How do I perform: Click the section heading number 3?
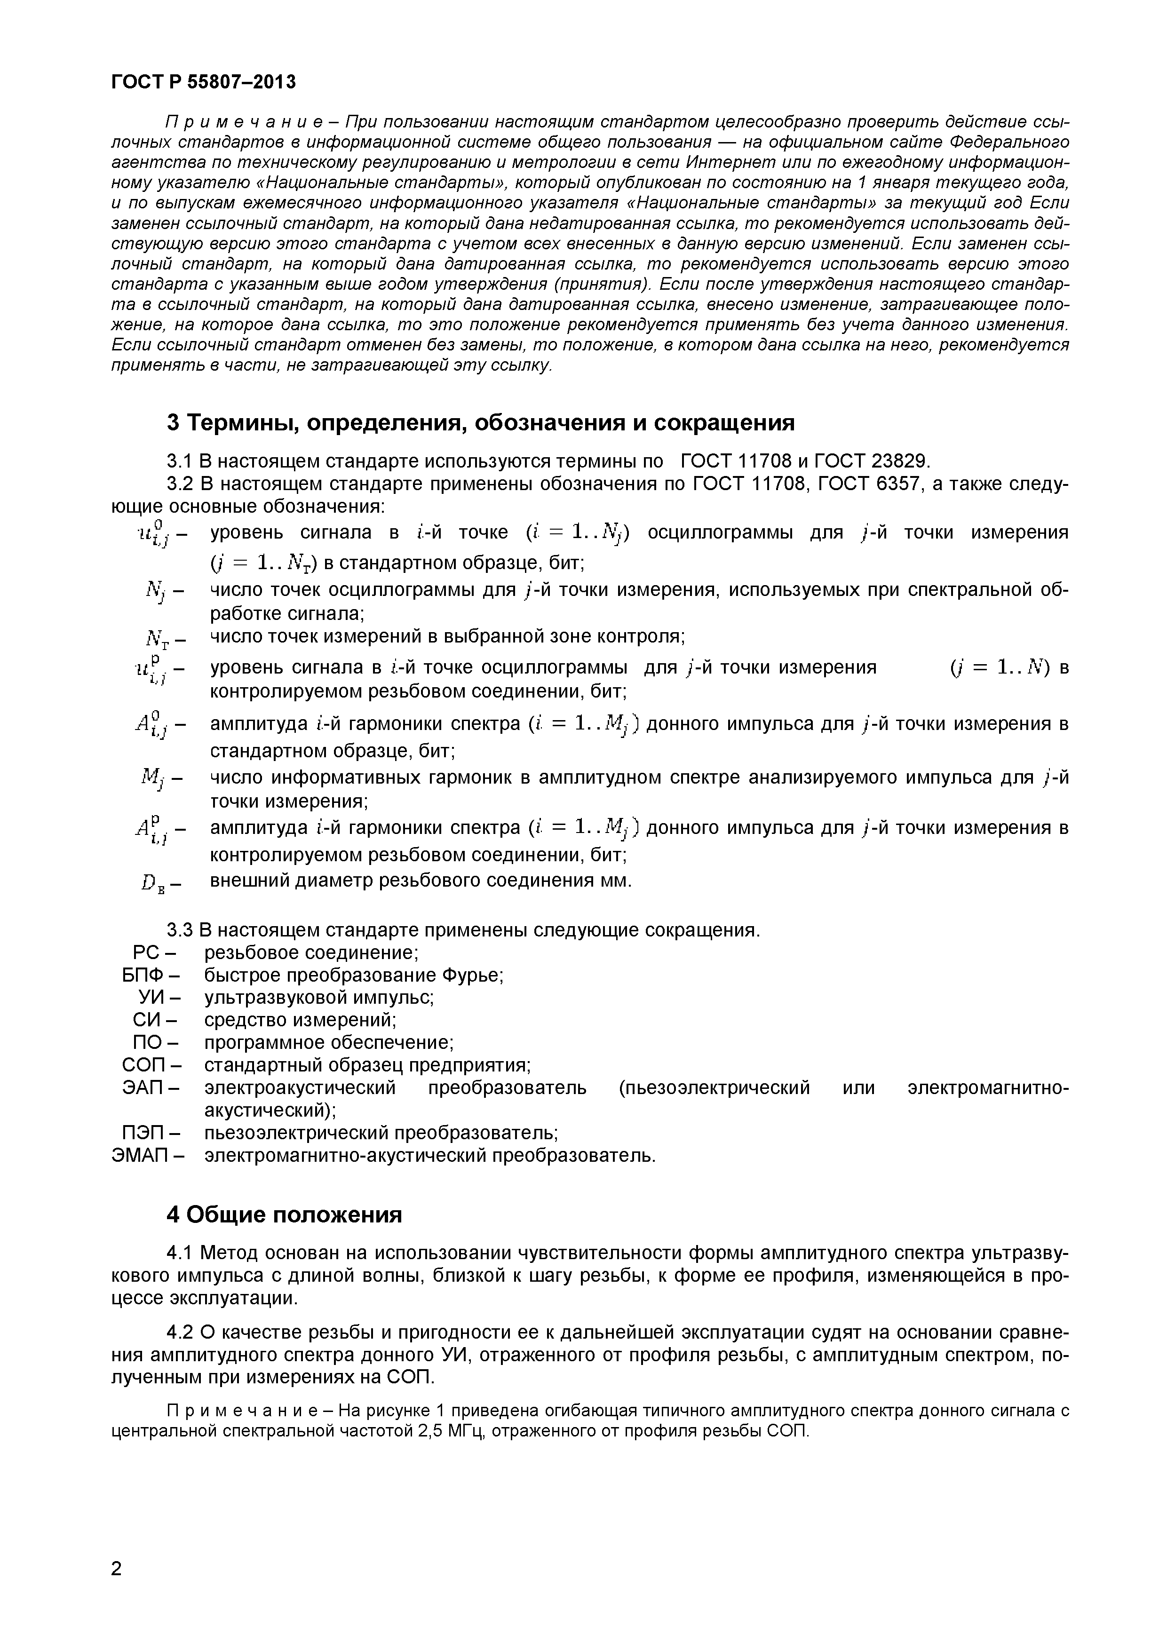click(x=173, y=423)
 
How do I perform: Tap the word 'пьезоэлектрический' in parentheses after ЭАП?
click(x=714, y=1088)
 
